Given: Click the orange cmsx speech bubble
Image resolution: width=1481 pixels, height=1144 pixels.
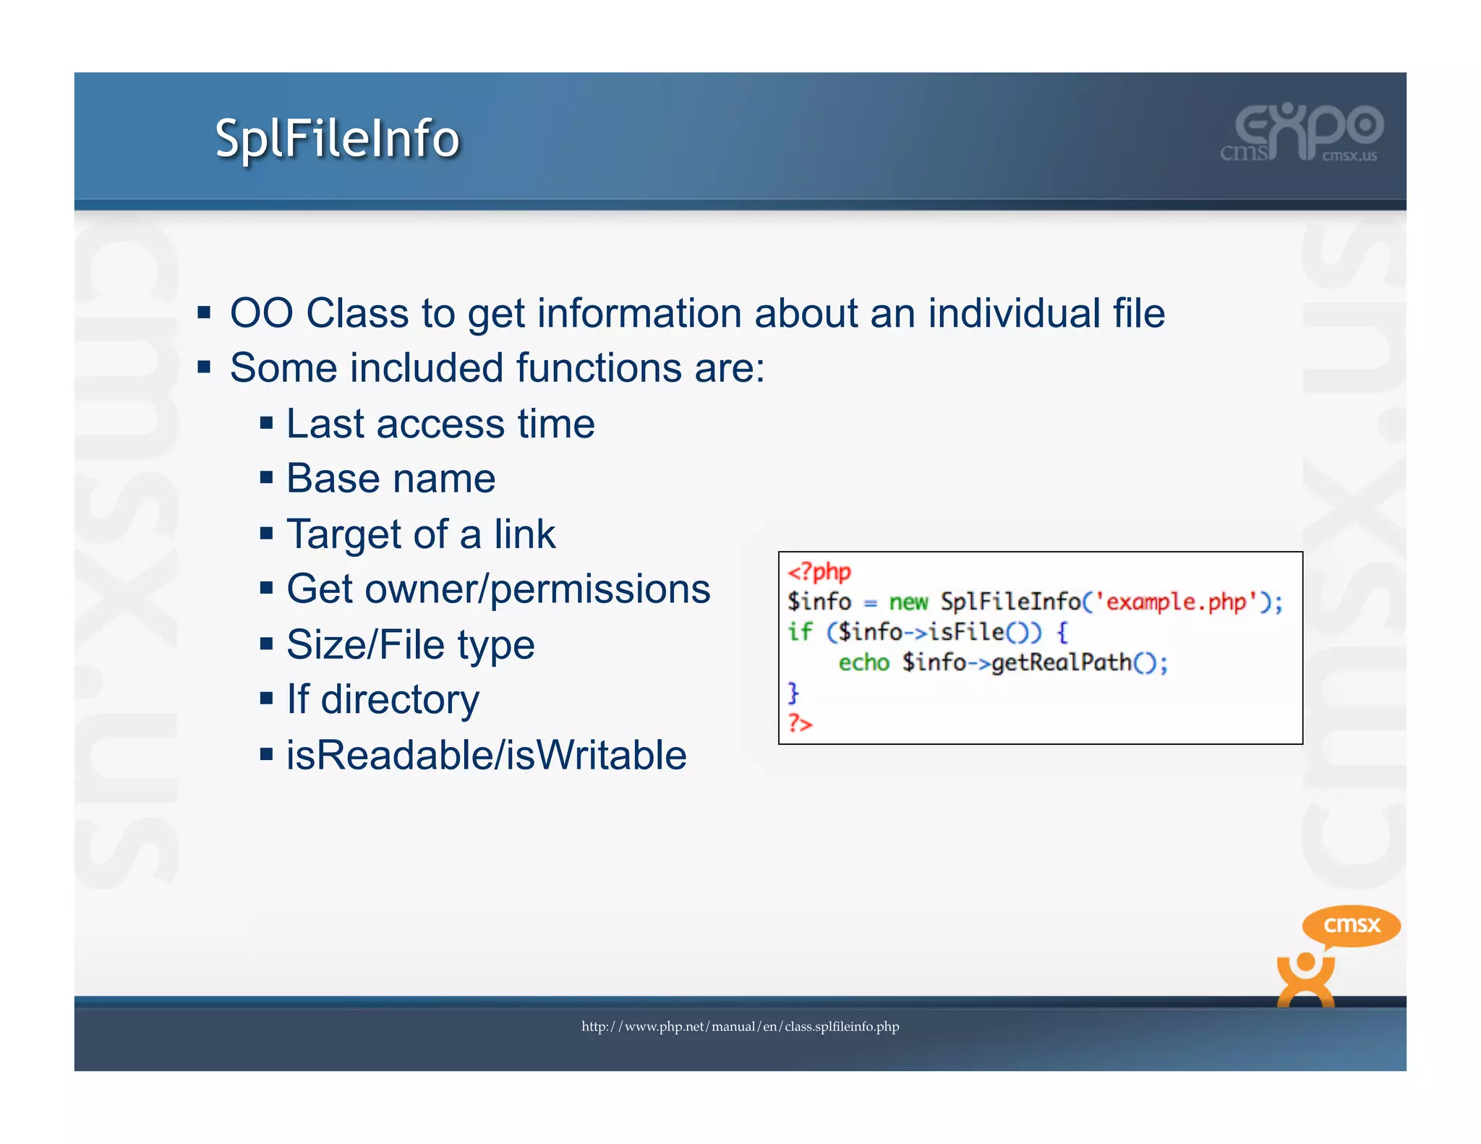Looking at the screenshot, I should click(1351, 925).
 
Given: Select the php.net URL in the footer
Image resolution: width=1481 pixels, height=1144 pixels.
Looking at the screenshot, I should click(740, 1026).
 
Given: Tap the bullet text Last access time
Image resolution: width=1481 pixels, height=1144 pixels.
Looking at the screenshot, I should click(440, 424).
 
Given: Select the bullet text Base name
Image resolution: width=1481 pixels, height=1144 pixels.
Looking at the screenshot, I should click(390, 479).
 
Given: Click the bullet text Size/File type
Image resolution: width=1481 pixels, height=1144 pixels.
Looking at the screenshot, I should click(410, 644).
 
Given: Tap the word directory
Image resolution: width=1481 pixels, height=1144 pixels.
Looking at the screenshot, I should click(400, 700).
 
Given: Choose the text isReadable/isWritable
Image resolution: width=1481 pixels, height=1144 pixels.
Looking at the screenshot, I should click(486, 756).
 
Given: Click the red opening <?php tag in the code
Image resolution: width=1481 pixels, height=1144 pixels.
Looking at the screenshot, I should click(819, 572).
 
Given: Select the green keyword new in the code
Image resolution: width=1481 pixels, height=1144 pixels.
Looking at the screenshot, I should click(908, 602).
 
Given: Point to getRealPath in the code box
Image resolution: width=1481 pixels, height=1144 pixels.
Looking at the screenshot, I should click(1061, 662).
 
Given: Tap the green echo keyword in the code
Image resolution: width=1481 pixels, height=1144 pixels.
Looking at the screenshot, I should click(863, 662).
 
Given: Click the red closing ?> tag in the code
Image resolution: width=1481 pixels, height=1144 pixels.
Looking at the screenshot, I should click(800, 722).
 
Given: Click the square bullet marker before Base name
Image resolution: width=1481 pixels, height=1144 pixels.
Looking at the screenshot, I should click(267, 478).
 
